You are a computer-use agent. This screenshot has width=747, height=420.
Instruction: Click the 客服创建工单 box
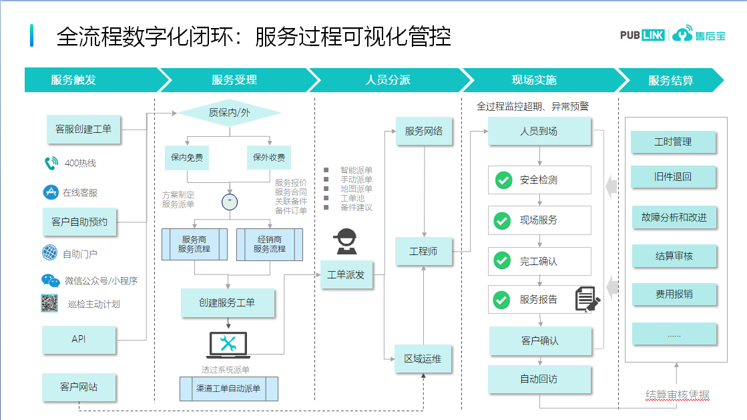pyautogui.click(x=83, y=129)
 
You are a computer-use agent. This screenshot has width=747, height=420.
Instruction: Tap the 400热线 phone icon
pyautogui.click(x=51, y=163)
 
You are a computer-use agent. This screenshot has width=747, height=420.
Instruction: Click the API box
pyautogui.click(x=79, y=339)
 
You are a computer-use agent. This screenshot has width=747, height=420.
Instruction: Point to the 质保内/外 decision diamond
pyautogui.click(x=230, y=113)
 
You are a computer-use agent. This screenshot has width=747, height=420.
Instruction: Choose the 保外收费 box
pyautogui.click(x=269, y=158)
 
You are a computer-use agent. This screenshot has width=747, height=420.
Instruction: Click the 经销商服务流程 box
pyautogui.click(x=269, y=244)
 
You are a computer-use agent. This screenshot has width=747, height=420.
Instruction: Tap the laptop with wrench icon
pyautogui.click(x=228, y=345)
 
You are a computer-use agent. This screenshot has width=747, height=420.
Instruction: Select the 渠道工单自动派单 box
pyautogui.click(x=228, y=388)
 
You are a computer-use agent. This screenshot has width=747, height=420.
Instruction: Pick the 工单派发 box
pyautogui.click(x=346, y=274)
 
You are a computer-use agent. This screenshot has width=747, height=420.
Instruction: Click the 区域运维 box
pyautogui.click(x=423, y=359)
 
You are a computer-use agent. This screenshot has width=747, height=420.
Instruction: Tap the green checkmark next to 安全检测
pyautogui.click(x=502, y=180)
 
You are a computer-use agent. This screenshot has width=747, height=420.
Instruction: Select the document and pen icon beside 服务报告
pyautogui.click(x=587, y=299)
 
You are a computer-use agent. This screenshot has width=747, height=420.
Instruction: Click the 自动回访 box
pyautogui.click(x=539, y=379)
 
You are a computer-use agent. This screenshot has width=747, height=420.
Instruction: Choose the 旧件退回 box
pyautogui.click(x=673, y=177)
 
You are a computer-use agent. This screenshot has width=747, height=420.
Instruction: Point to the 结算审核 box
pyautogui.click(x=674, y=256)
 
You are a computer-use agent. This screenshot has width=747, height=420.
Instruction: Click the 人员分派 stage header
pyautogui.click(x=388, y=80)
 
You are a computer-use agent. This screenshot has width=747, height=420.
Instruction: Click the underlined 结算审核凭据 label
pyautogui.click(x=677, y=395)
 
